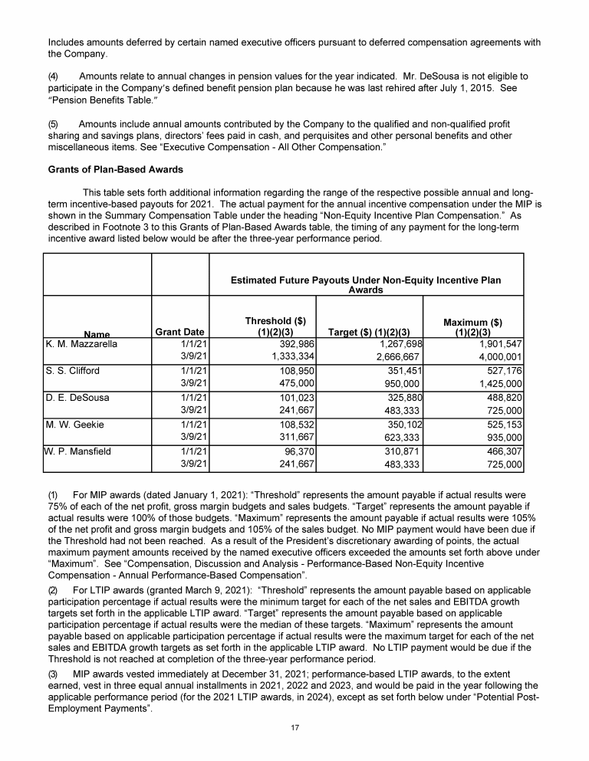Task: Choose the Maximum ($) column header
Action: (x=480, y=326)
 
